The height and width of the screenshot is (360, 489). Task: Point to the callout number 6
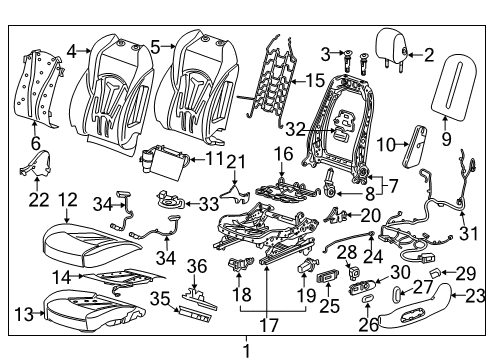[x=35, y=144]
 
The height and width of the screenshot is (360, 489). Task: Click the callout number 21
[x=235, y=162]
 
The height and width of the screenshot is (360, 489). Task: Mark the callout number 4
[x=73, y=49]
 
